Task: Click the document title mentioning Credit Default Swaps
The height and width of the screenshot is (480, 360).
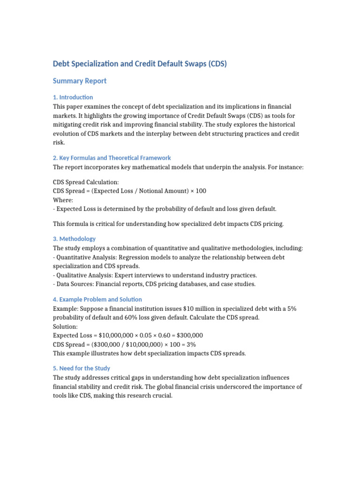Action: pyautogui.click(x=140, y=64)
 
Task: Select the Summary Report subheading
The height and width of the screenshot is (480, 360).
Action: pyautogui.click(x=80, y=81)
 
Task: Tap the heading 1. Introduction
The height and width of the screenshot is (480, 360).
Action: pyautogui.click(x=73, y=97)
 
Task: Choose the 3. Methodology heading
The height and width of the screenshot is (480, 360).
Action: pyautogui.click(x=75, y=239)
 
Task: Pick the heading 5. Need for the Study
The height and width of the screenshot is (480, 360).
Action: pyautogui.click(x=82, y=368)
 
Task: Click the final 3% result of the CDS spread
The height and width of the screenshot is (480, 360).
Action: pyautogui.click(x=191, y=345)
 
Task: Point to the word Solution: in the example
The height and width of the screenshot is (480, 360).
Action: pyautogui.click(x=66, y=327)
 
